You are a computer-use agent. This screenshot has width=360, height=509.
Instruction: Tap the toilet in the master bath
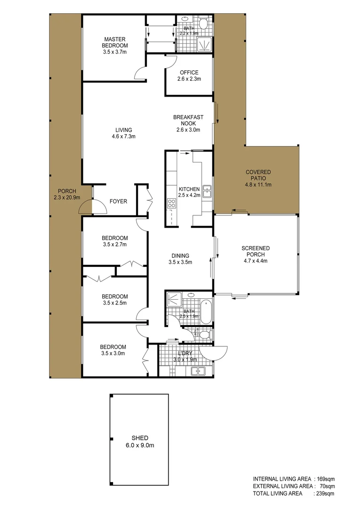pyautogui.click(x=203, y=24)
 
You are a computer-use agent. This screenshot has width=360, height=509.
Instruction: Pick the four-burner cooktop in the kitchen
pyautogui.click(x=172, y=204)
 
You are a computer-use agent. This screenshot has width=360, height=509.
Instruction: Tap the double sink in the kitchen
pyautogui.click(x=206, y=191)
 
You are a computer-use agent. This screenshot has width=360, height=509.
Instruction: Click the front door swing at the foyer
pyautogui.click(x=85, y=206)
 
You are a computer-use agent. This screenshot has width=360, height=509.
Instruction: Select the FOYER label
pyautogui.click(x=118, y=201)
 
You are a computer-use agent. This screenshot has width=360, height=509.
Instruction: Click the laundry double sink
pyautogui.click(x=199, y=371)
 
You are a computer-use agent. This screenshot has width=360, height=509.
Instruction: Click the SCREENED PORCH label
pyautogui.click(x=256, y=254)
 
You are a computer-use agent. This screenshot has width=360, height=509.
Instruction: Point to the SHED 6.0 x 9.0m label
pyautogui.click(x=140, y=441)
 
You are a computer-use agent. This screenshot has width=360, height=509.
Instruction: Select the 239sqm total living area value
pyautogui.click(x=325, y=493)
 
